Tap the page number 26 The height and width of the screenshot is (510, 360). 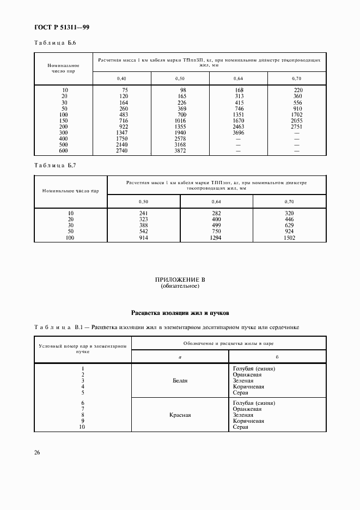[x=37, y=452]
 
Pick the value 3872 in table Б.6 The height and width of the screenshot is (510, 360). [x=179, y=150]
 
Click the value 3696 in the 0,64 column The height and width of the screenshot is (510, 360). [x=237, y=132]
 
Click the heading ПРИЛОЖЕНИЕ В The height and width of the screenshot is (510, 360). [x=180, y=280]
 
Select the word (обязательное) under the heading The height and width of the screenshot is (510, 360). [x=180, y=286]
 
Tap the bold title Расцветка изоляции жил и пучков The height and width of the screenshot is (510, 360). [x=180, y=313]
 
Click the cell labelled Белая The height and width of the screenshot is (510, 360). [x=180, y=380]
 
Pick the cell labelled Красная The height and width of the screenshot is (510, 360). [x=180, y=415]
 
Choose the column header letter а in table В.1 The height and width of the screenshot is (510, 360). [x=180, y=356]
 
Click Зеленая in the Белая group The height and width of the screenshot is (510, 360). [x=243, y=380]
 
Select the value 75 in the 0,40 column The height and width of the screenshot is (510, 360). [x=125, y=90]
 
